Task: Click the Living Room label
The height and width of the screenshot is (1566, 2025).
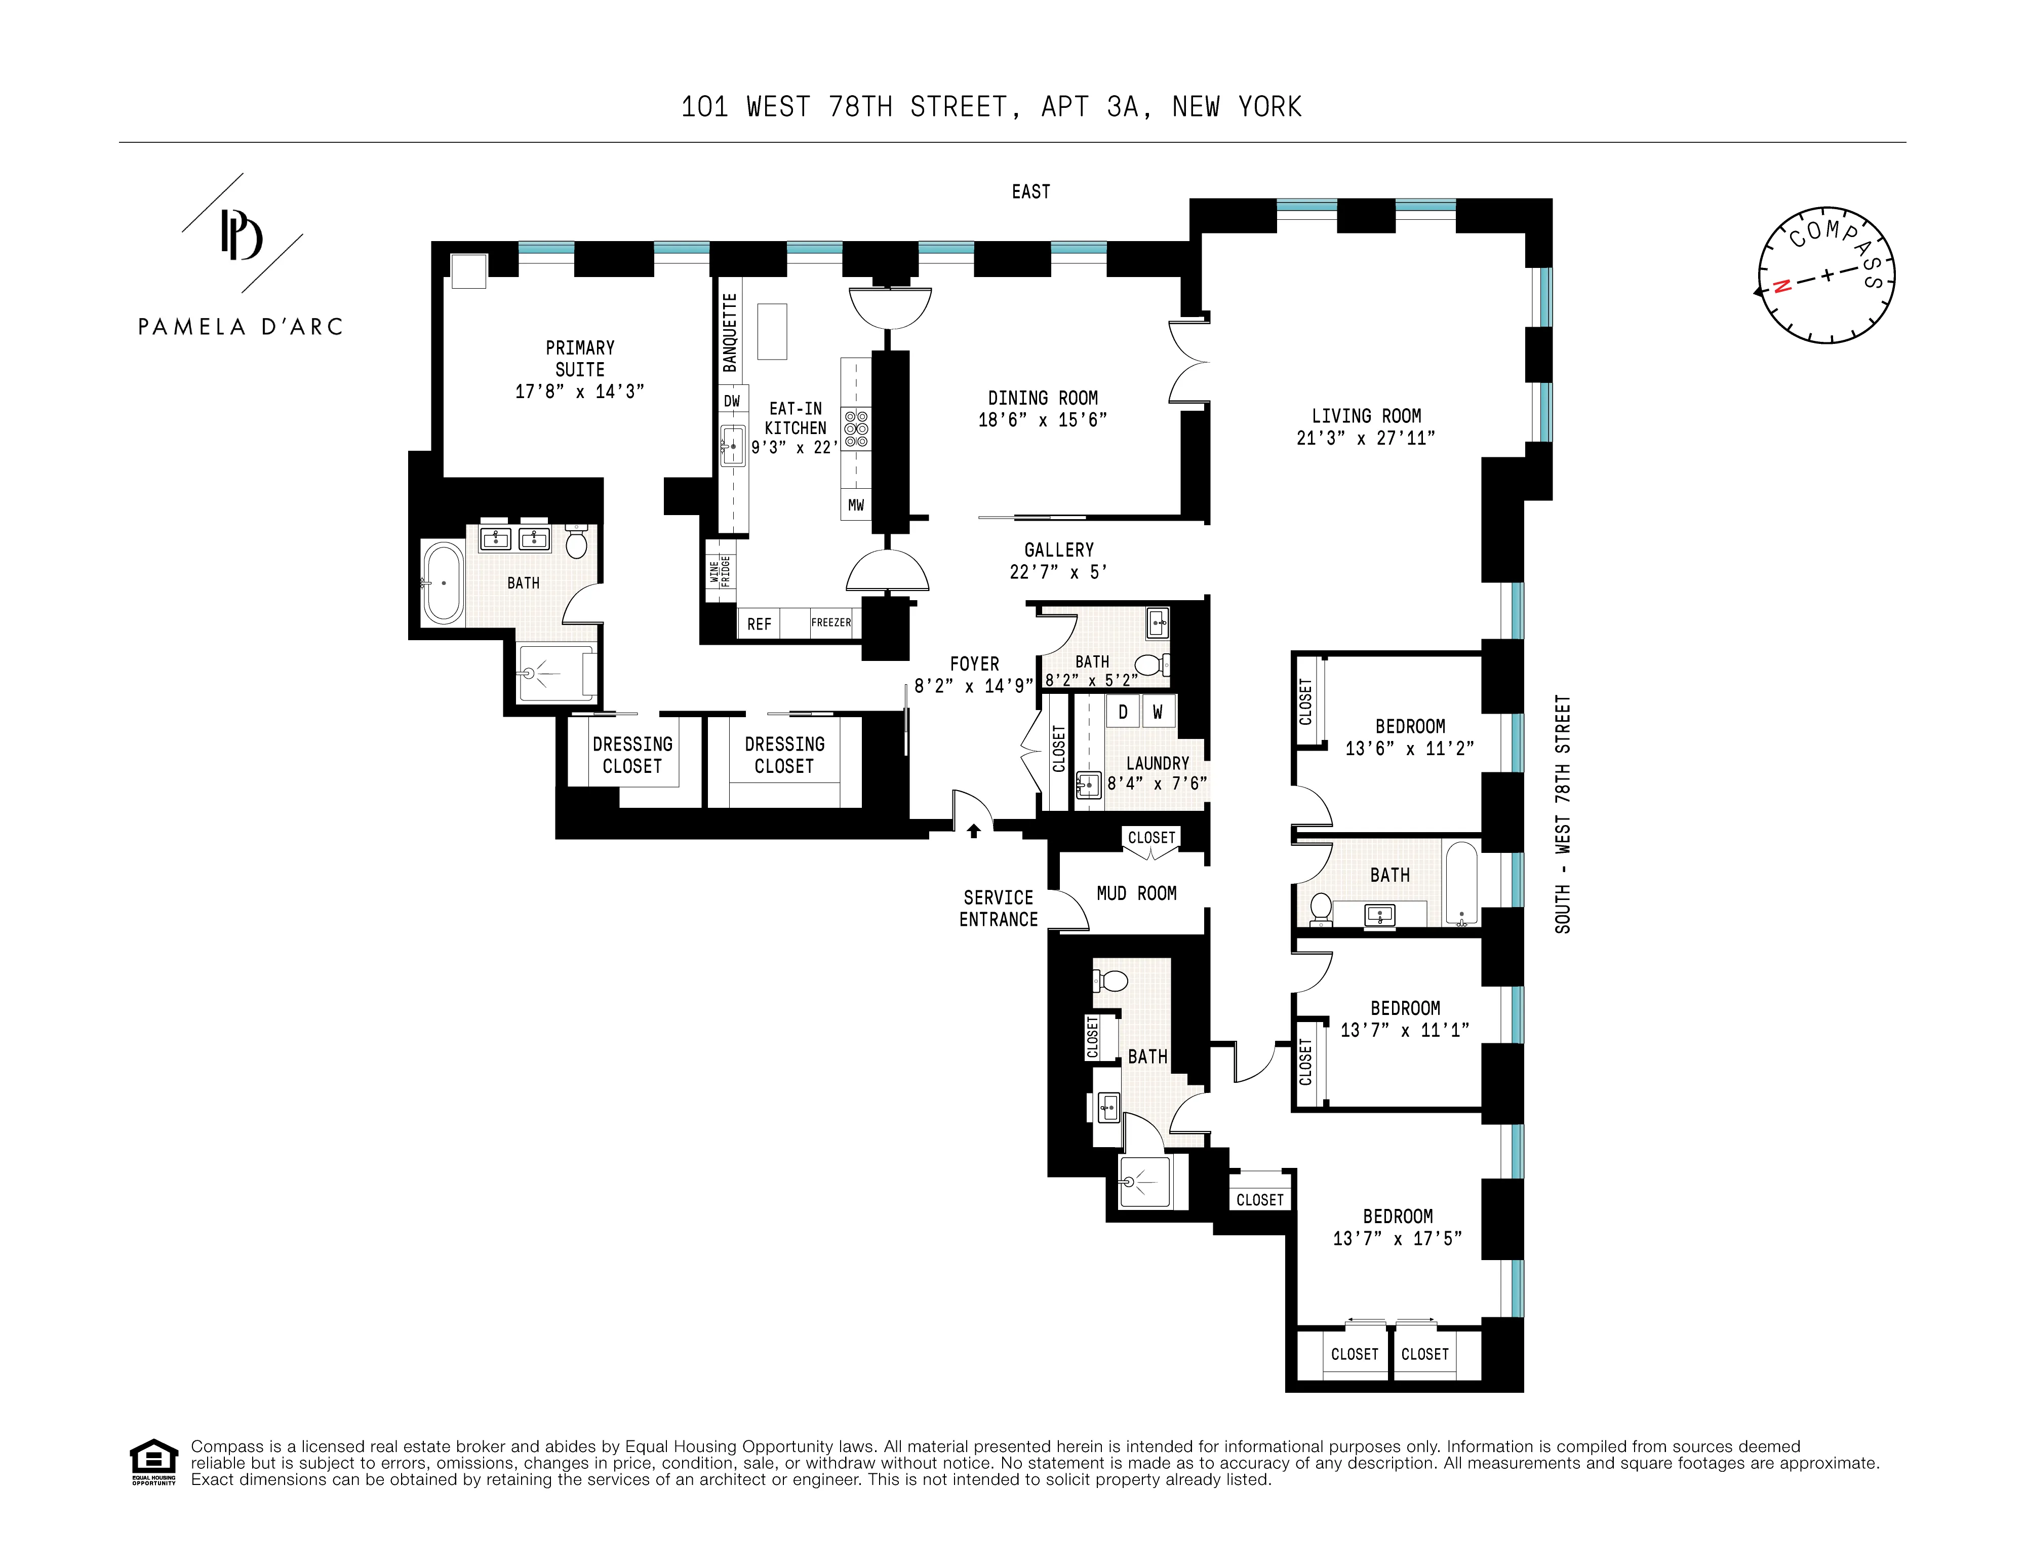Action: pyautogui.click(x=1366, y=416)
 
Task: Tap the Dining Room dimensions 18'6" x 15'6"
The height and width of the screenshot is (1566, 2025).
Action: pyautogui.click(x=1042, y=420)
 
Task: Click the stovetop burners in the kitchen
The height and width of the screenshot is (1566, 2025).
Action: pyautogui.click(x=856, y=429)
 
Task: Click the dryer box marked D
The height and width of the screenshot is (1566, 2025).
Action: pyautogui.click(x=1123, y=712)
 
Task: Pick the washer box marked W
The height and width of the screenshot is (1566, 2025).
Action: pyautogui.click(x=1157, y=712)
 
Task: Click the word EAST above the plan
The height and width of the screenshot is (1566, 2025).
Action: pyautogui.click(x=1030, y=192)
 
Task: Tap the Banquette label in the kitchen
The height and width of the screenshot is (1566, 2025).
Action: pyautogui.click(x=730, y=332)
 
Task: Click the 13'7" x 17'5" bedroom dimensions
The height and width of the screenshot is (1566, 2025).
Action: pyautogui.click(x=1397, y=1239)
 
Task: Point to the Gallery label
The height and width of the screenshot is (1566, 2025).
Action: pyautogui.click(x=1059, y=550)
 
